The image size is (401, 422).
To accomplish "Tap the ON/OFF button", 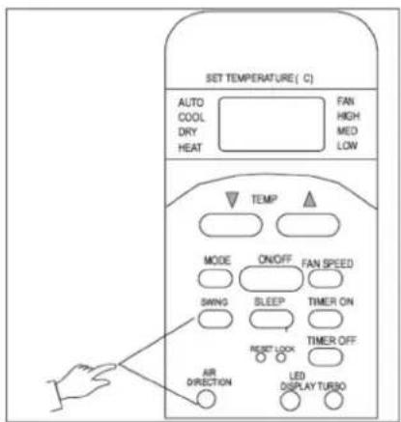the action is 271,278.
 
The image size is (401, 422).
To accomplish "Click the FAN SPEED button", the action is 326,278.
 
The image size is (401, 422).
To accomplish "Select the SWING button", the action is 215,319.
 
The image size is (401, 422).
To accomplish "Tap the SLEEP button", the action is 272,319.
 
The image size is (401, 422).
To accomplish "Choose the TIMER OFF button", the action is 326,356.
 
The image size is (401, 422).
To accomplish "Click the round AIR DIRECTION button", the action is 206,399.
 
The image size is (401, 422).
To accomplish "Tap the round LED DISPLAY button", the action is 290,401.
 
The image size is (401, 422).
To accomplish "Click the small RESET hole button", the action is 261,357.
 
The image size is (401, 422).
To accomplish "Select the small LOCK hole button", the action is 281,357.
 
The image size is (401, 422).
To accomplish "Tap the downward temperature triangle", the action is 232,200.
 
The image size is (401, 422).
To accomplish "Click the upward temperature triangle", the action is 310,200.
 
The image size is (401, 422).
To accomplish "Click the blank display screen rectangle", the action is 272,124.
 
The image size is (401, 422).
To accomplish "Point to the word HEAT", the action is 190,148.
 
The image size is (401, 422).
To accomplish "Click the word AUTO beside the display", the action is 191,102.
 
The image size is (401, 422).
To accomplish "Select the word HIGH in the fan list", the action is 348,116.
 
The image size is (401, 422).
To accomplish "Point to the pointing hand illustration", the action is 82,384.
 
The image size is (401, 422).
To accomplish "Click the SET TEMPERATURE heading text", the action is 259,78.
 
